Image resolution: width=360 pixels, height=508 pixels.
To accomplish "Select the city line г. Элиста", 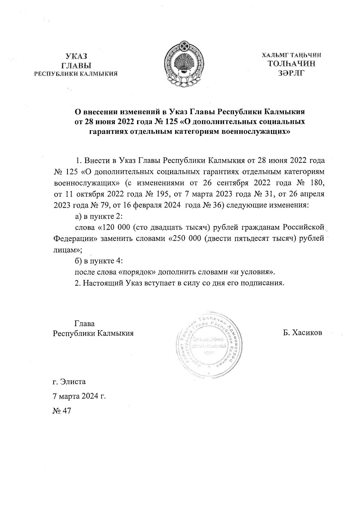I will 69,382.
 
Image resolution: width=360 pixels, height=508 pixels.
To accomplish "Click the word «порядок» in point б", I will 137,272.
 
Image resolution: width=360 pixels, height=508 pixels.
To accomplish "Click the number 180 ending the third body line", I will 317,183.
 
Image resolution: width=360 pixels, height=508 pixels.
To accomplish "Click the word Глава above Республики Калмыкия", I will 85,324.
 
